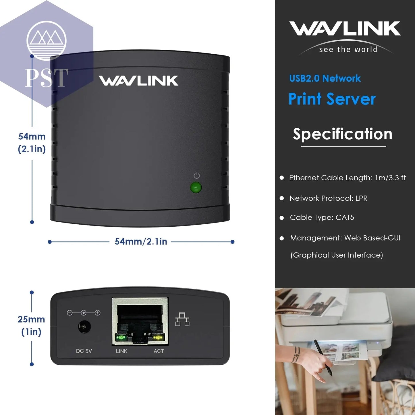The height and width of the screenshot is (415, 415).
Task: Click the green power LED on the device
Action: pos(196,188)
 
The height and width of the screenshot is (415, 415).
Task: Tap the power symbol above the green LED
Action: pos(196,175)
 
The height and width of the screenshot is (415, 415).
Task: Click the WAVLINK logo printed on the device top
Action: pos(138,81)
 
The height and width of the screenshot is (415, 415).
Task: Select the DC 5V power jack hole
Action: pos(84,327)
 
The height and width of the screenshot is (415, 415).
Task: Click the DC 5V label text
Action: pos(84,351)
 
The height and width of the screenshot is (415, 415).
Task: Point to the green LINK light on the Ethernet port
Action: pos(121,337)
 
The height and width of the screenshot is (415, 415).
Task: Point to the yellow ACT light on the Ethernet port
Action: pos(158,337)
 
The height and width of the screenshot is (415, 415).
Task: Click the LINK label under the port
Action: pos(121,351)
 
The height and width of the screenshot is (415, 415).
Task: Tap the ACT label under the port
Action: pos(159,351)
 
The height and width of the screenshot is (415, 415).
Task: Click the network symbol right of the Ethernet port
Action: pos(182,319)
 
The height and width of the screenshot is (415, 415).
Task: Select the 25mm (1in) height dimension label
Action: pos(31,325)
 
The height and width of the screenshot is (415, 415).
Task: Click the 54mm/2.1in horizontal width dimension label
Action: pos(141,242)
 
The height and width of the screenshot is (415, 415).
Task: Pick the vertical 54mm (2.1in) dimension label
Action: pos(32,142)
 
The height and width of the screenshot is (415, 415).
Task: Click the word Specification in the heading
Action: pos(342,134)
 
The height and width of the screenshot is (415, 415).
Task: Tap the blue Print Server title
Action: pos(332,99)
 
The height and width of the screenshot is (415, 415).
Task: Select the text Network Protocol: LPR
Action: pos(328,198)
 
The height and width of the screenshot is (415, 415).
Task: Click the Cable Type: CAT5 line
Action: pos(322,217)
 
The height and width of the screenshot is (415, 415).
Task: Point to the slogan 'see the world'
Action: pos(348,49)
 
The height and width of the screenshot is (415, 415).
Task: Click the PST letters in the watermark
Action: pos(47,78)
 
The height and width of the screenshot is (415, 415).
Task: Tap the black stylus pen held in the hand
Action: pos(323,357)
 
